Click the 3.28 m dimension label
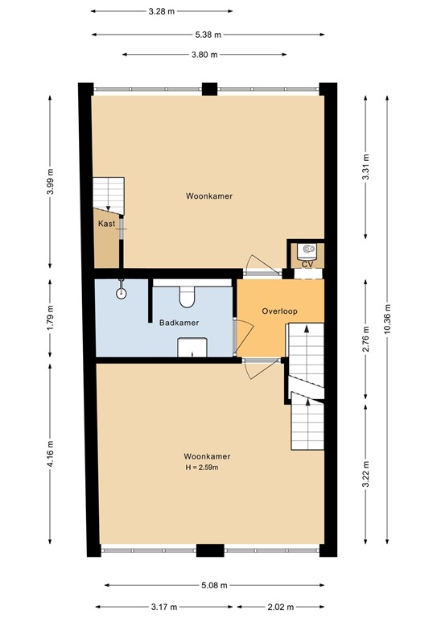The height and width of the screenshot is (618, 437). (x=162, y=11)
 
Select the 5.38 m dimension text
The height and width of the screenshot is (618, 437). (x=208, y=35)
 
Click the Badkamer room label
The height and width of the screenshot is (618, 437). (x=179, y=323)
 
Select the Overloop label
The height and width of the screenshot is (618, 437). (x=278, y=311)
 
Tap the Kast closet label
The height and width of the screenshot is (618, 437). (x=105, y=224)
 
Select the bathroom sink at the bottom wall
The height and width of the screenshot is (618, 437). (x=192, y=347)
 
